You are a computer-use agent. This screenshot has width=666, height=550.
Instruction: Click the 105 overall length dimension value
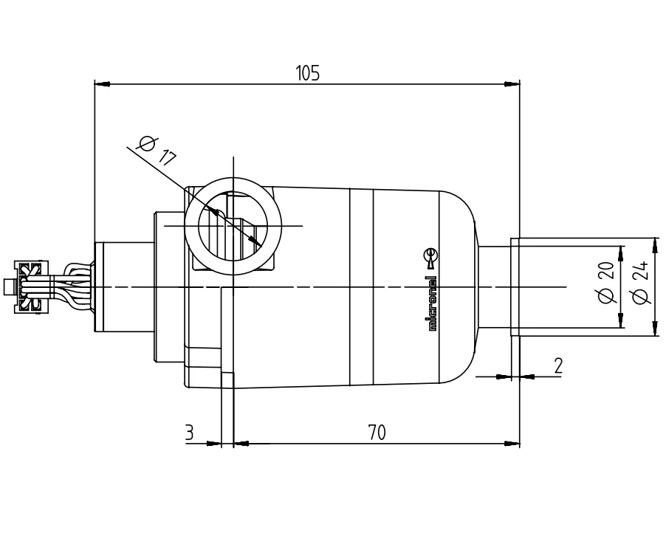point(307,73)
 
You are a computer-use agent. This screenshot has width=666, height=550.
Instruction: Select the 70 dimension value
point(377,433)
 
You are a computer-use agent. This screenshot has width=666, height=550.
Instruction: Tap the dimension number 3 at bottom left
point(189,433)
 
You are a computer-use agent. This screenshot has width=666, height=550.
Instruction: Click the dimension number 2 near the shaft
point(558,365)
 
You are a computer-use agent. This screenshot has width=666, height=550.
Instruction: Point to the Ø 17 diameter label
point(157,149)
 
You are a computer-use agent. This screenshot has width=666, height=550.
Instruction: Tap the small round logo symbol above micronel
point(433,256)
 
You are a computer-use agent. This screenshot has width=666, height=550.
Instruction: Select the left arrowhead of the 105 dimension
point(102,84)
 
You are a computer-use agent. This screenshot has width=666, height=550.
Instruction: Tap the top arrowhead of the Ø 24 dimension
point(656,244)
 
